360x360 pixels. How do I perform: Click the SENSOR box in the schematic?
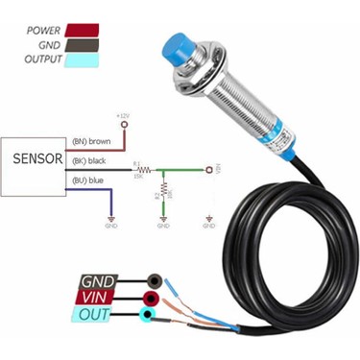coord(33,160)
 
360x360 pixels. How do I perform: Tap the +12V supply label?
coord(122,115)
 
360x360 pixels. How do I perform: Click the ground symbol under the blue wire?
coord(111,224)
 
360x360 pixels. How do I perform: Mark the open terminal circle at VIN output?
coord(208,169)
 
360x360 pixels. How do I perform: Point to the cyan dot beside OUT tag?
coord(147,314)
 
